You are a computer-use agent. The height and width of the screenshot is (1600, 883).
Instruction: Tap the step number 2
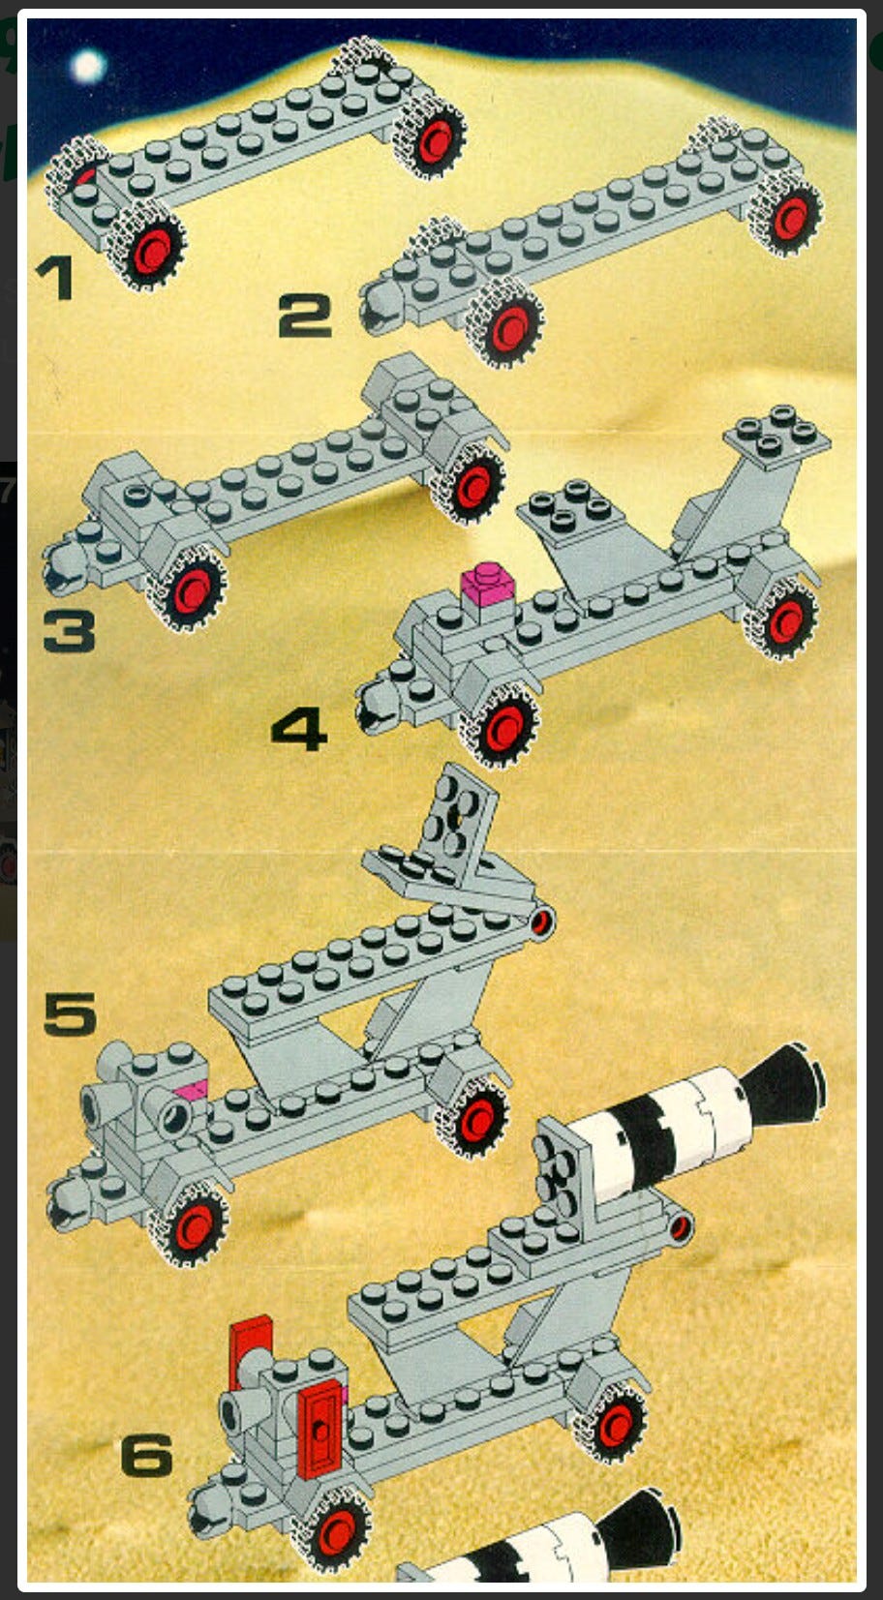coord(305,317)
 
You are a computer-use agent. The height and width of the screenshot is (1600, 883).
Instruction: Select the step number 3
coord(70,631)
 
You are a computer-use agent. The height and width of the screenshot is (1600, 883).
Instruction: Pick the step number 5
coord(70,1013)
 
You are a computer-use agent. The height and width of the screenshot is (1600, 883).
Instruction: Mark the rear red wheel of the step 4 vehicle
coord(783,619)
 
